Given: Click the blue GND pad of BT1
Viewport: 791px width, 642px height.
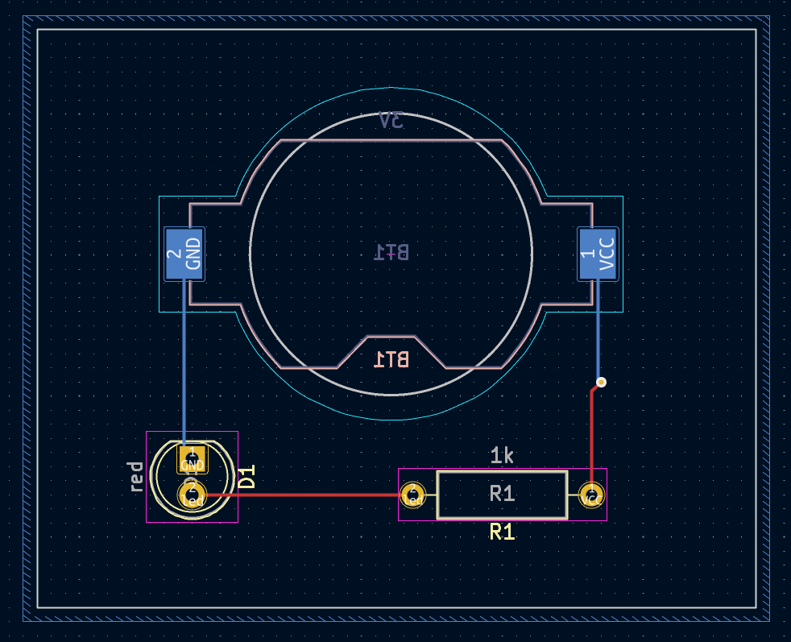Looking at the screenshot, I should click(x=184, y=255).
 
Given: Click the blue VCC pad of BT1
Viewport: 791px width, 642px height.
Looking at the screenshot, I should click(x=598, y=255).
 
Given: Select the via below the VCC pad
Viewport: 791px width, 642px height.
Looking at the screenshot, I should click(x=601, y=382).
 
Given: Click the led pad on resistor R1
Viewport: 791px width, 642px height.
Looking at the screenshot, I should click(x=413, y=495).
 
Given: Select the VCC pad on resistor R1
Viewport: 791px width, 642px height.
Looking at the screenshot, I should click(x=591, y=495).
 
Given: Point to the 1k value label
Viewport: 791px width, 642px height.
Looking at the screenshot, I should click(x=502, y=456).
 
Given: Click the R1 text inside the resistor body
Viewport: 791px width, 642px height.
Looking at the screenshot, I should click(x=502, y=494).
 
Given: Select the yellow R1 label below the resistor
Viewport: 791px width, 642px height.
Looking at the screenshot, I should click(x=502, y=532).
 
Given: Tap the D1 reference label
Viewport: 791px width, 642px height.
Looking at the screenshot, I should click(x=247, y=476).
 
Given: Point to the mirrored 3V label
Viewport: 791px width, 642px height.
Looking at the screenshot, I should click(x=391, y=121).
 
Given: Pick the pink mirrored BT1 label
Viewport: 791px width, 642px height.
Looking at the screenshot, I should click(x=391, y=359).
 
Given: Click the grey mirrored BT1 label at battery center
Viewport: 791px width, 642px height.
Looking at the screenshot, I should click(x=391, y=252).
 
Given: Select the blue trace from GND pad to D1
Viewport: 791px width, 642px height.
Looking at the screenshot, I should click(x=184, y=362).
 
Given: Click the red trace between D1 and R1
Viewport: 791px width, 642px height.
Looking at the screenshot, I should click(x=306, y=495).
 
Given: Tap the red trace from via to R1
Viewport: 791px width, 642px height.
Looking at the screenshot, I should click(x=592, y=435).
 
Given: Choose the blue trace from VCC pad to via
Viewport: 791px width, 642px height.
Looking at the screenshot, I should click(x=598, y=330).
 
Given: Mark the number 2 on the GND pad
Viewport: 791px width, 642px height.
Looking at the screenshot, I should click(x=173, y=255).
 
